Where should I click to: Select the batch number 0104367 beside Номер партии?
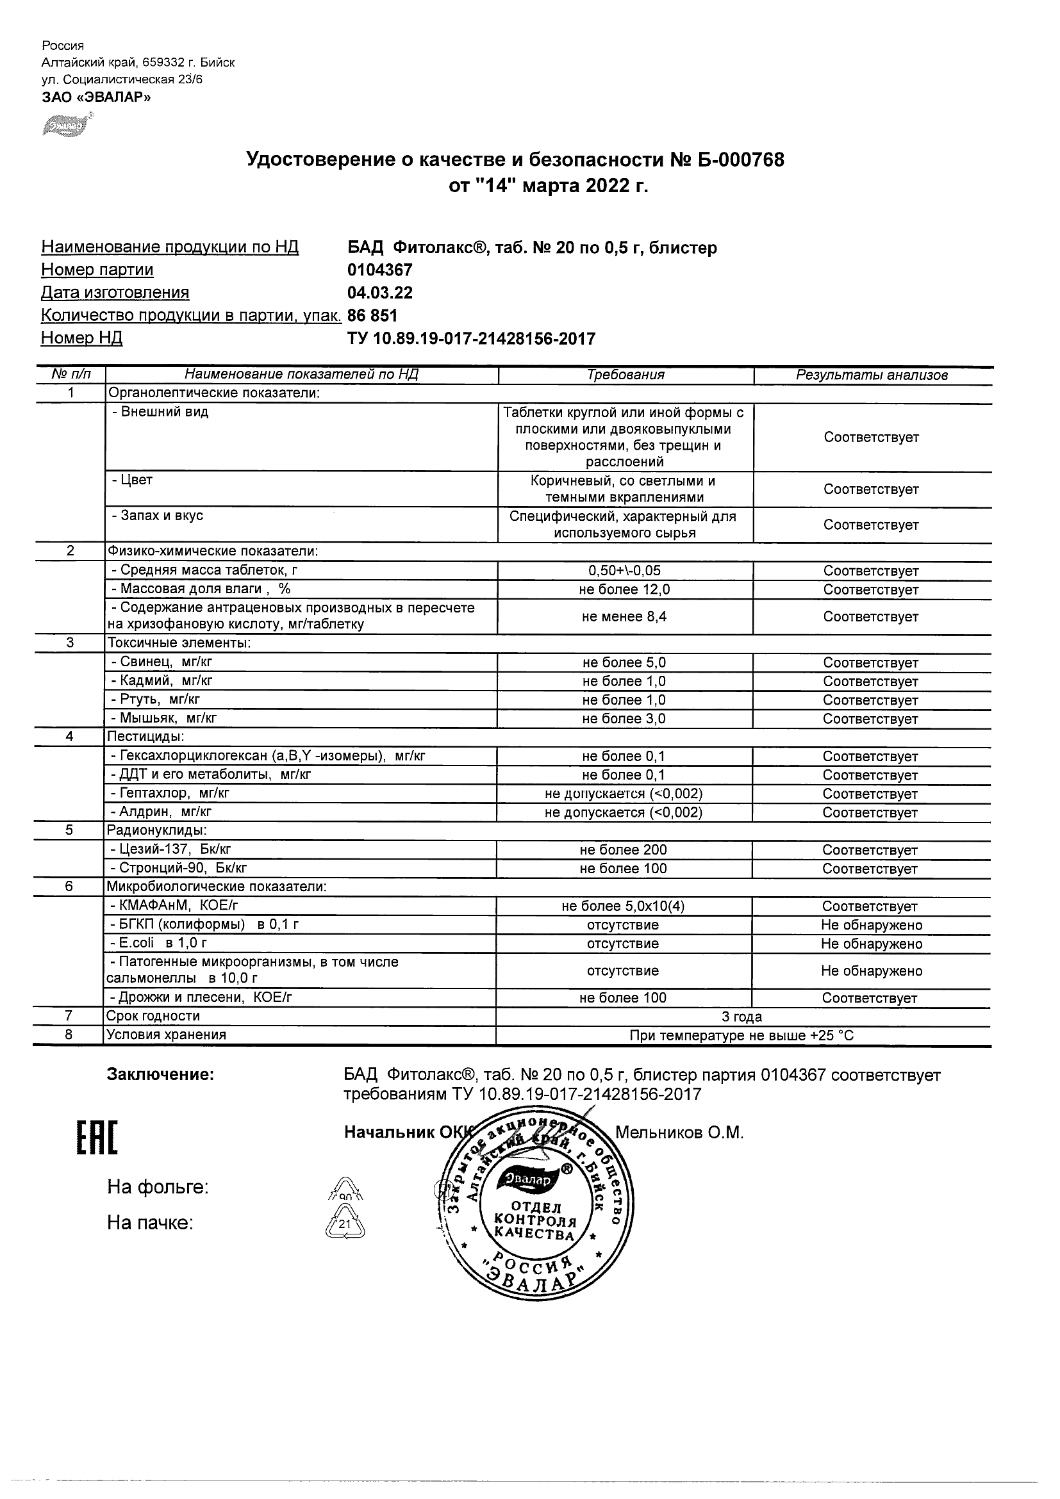tap(380, 270)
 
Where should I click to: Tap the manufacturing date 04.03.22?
tap(380, 293)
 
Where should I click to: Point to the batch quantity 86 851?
tap(372, 315)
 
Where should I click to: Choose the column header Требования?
tap(625, 375)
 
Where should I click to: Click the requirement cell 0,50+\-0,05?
tap(624, 571)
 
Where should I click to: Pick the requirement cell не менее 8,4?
tap(624, 616)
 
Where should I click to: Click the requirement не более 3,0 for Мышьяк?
tap(624, 719)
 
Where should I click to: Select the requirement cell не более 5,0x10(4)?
tap(623, 906)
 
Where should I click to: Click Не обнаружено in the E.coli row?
tap(871, 944)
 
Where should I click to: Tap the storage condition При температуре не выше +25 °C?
tap(741, 1035)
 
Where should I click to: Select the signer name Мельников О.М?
tap(679, 1133)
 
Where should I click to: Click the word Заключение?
tap(160, 1075)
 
